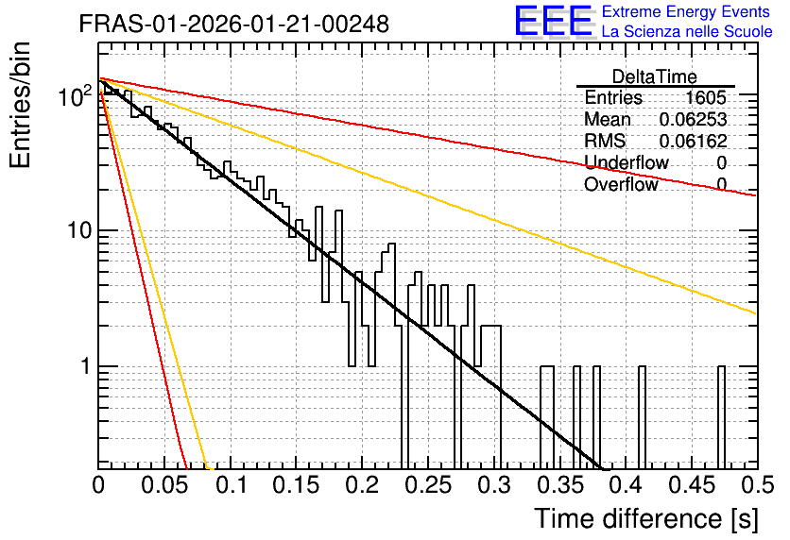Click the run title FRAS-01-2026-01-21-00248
234,24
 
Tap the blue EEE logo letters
554,21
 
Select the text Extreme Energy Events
686,11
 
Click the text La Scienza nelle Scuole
687,31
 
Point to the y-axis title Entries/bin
21,105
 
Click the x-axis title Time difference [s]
646,518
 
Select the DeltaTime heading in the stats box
655,76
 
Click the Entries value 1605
705,97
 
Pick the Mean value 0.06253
694,119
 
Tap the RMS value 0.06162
694,141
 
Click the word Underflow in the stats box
627,162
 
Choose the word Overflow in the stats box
621,184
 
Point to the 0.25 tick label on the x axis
429,485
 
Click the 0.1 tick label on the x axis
231,485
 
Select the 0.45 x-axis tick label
693,485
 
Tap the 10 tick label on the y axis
78,230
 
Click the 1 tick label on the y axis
85,366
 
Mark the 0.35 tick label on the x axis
560,485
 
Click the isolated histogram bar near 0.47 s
721,417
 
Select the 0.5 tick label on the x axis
758,485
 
